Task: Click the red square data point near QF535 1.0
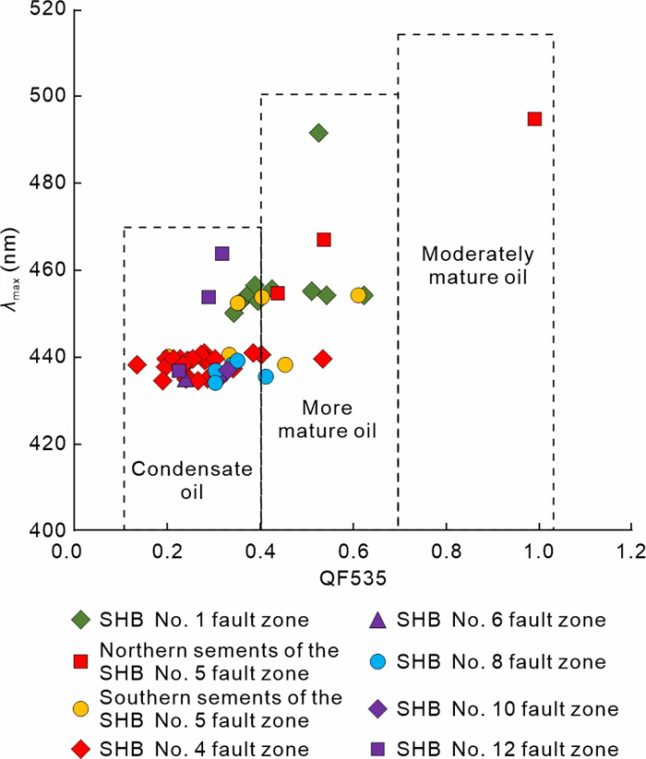[x=534, y=118]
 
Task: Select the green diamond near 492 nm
[x=318, y=133]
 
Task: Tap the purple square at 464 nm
[x=221, y=254]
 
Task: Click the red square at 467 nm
[x=324, y=240]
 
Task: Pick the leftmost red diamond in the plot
[x=138, y=364]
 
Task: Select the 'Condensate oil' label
[x=179, y=480]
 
